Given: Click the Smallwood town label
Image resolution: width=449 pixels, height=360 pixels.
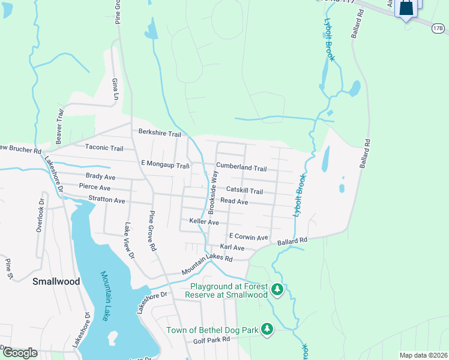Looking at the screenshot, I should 56,281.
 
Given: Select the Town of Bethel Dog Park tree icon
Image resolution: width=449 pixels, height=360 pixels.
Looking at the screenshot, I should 267,329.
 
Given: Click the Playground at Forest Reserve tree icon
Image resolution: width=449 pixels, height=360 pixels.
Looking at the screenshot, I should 277,290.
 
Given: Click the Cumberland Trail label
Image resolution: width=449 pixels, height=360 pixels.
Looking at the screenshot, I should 241,168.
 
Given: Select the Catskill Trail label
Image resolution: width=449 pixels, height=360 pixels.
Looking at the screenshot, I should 244,191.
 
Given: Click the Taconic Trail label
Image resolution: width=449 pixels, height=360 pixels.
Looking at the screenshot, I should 104,148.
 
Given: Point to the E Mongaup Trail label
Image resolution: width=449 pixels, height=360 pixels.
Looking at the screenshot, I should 165,164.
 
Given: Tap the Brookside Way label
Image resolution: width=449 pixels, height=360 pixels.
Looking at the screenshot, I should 213,193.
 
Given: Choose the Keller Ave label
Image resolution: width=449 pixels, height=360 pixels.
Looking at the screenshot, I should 204,221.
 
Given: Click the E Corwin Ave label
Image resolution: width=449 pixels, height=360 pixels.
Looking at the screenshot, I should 248,237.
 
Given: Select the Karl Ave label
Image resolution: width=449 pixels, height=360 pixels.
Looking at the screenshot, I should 232,247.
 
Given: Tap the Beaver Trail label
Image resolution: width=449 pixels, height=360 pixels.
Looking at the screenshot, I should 60,122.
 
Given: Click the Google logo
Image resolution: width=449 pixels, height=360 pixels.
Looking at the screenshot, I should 20,353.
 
